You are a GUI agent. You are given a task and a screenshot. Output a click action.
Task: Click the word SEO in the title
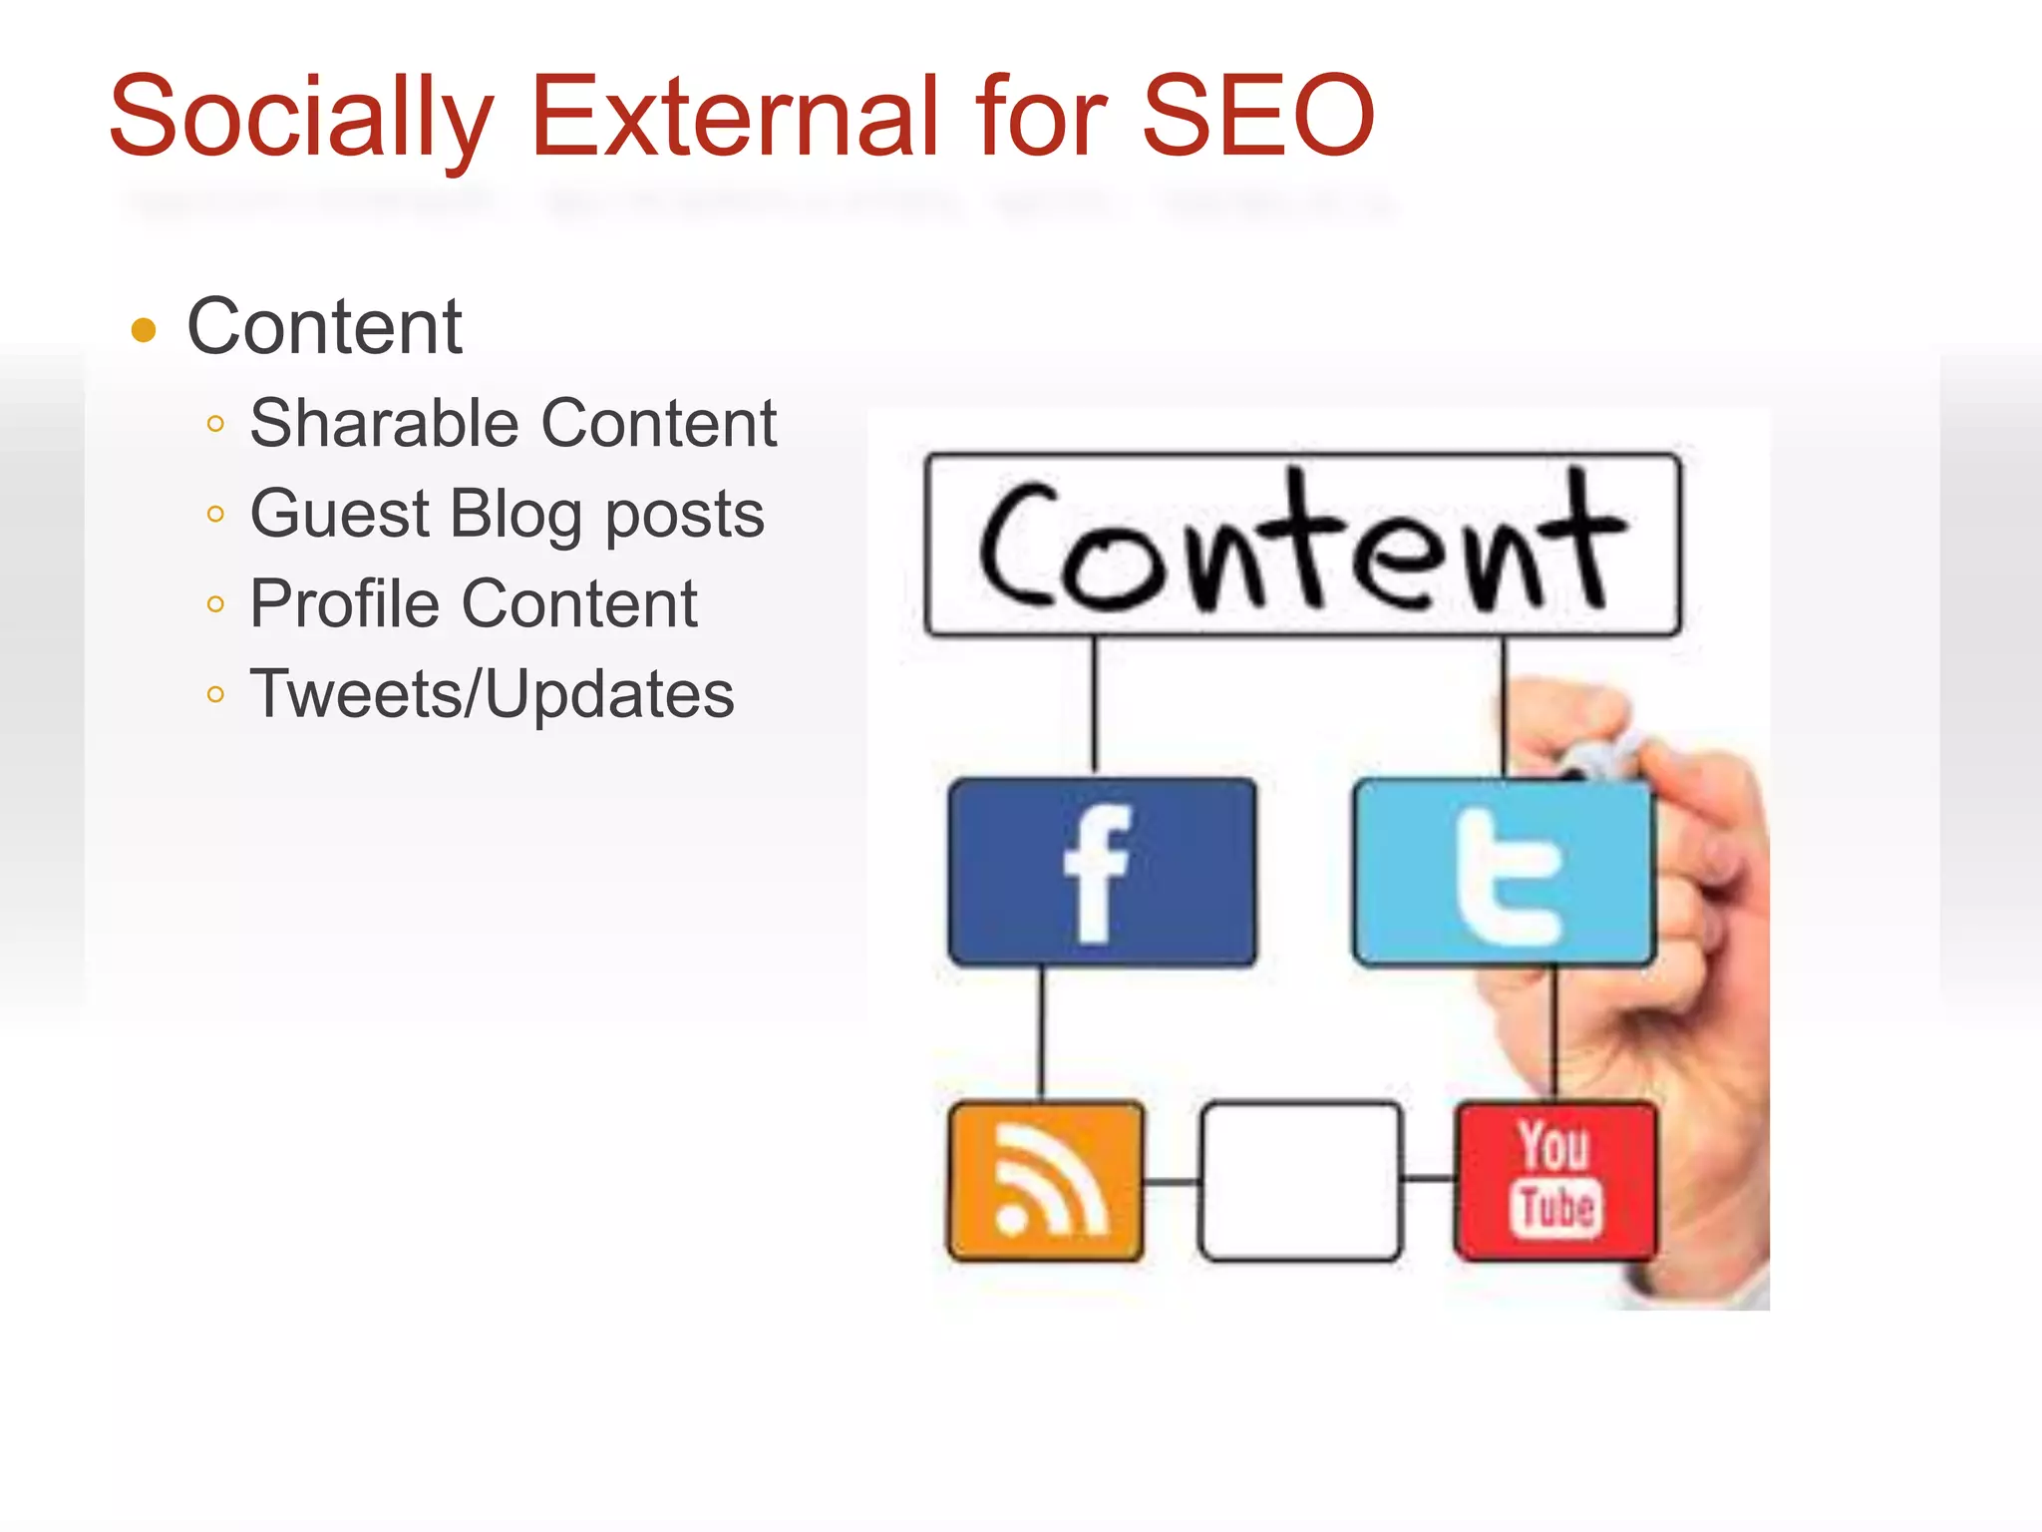1257,116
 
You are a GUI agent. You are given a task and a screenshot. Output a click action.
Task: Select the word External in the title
735,116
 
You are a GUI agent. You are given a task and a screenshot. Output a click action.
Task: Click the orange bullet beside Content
145,330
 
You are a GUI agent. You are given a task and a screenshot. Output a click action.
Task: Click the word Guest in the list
340,514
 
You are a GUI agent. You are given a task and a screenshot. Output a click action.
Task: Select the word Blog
515,516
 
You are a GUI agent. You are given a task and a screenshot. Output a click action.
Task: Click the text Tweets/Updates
492,694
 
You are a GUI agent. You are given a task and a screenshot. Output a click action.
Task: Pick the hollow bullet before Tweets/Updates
215,694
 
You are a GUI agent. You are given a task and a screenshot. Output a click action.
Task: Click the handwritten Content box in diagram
1302,545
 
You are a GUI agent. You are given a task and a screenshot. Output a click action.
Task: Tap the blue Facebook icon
1102,873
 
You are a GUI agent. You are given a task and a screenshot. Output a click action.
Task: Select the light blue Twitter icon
1504,873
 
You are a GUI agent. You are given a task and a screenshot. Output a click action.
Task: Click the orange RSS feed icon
1045,1181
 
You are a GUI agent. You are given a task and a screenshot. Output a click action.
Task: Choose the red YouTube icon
1555,1181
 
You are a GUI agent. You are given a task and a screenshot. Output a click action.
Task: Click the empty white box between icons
1300,1181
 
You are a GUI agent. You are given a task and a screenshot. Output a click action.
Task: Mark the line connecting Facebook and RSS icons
1043,1033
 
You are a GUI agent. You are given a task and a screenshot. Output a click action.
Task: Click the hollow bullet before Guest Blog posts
215,515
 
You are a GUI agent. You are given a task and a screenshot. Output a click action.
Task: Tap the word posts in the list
685,516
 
